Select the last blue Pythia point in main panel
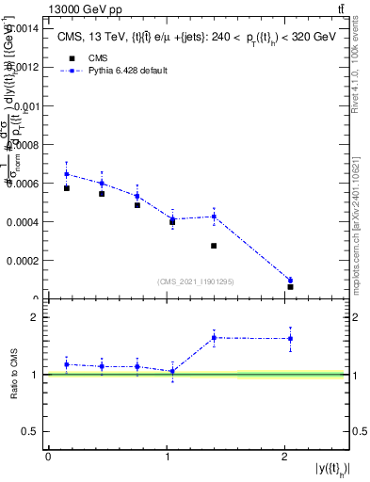point(290,281)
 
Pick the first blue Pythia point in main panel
point(66,174)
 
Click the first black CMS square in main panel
point(66,188)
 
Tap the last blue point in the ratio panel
point(290,338)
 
